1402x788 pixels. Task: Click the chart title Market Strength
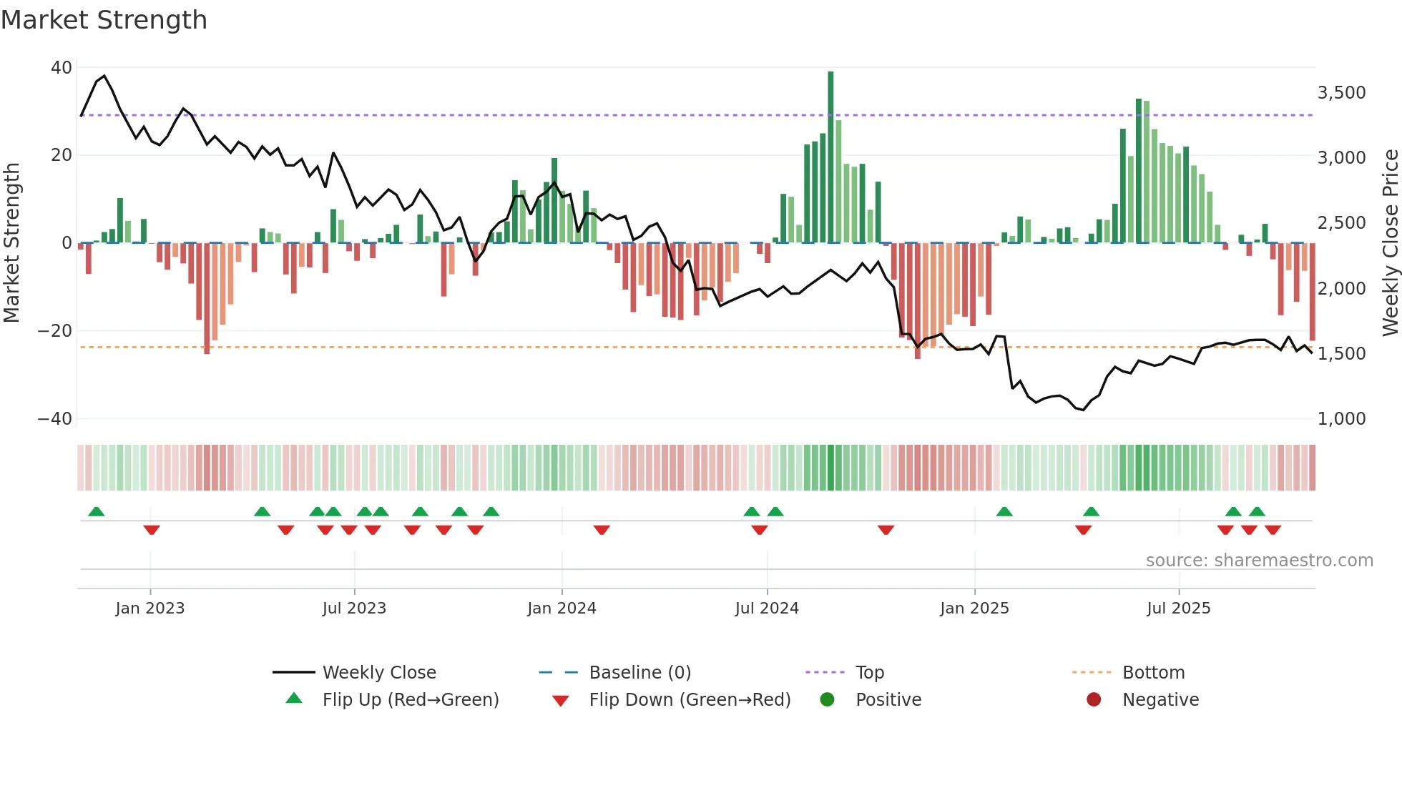[104, 20]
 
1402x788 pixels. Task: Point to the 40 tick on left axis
[62, 68]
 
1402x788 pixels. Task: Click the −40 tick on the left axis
[55, 419]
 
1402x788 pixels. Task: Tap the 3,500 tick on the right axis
[1341, 93]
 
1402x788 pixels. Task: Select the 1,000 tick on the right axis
[1341, 419]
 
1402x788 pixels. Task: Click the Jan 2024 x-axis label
[562, 609]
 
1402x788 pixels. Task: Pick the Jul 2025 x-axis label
[1178, 609]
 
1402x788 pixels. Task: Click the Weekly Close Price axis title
[1390, 243]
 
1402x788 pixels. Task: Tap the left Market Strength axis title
[12, 243]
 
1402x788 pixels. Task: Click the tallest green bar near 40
[830, 157]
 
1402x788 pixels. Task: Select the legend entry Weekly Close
[378, 673]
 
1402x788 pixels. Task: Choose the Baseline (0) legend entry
[639, 673]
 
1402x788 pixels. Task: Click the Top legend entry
[869, 673]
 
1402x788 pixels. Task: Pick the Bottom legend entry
[1153, 673]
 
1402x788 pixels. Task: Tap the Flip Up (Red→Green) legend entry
[410, 700]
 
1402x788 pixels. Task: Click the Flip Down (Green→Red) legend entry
[690, 700]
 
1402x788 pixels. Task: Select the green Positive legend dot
[828, 700]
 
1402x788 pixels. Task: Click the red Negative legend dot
[1094, 700]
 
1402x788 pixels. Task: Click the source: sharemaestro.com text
[1259, 561]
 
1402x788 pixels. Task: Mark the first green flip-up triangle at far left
[96, 511]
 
